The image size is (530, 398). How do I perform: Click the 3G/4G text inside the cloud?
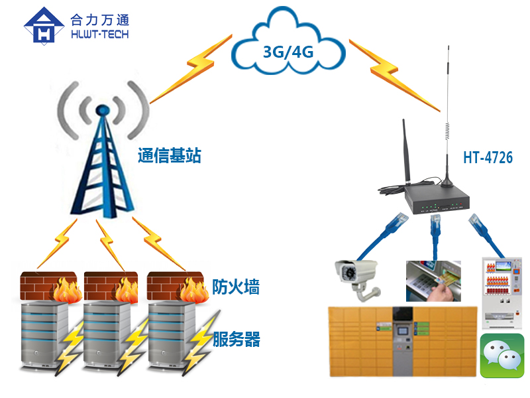288,52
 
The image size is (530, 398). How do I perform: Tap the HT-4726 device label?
488,157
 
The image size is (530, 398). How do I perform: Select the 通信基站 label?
170,156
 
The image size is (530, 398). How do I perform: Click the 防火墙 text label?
236,287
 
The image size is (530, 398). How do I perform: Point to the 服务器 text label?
237,339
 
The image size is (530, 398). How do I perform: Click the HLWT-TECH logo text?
100,34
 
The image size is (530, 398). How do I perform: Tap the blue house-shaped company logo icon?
44,25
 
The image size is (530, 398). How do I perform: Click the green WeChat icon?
502,356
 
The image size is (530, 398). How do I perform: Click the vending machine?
502,293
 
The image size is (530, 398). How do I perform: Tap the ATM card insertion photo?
433,281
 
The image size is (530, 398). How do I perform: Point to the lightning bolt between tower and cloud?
191,69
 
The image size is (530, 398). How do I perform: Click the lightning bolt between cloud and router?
394,75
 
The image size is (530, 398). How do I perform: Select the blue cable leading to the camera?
383,237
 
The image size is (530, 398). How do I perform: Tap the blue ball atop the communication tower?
102,110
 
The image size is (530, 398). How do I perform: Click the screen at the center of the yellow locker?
403,315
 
